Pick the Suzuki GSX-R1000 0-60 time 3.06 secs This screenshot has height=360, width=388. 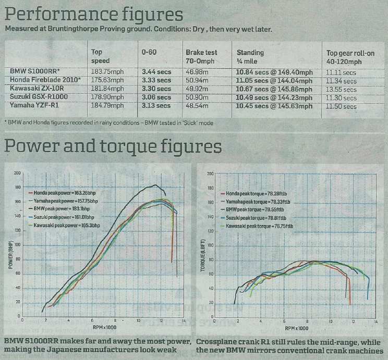(x=156, y=97)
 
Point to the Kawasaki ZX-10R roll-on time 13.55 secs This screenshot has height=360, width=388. (x=342, y=90)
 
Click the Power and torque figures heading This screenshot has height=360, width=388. (x=113, y=146)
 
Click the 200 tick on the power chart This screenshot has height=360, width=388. (x=17, y=172)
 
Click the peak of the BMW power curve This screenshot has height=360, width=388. (x=155, y=185)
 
